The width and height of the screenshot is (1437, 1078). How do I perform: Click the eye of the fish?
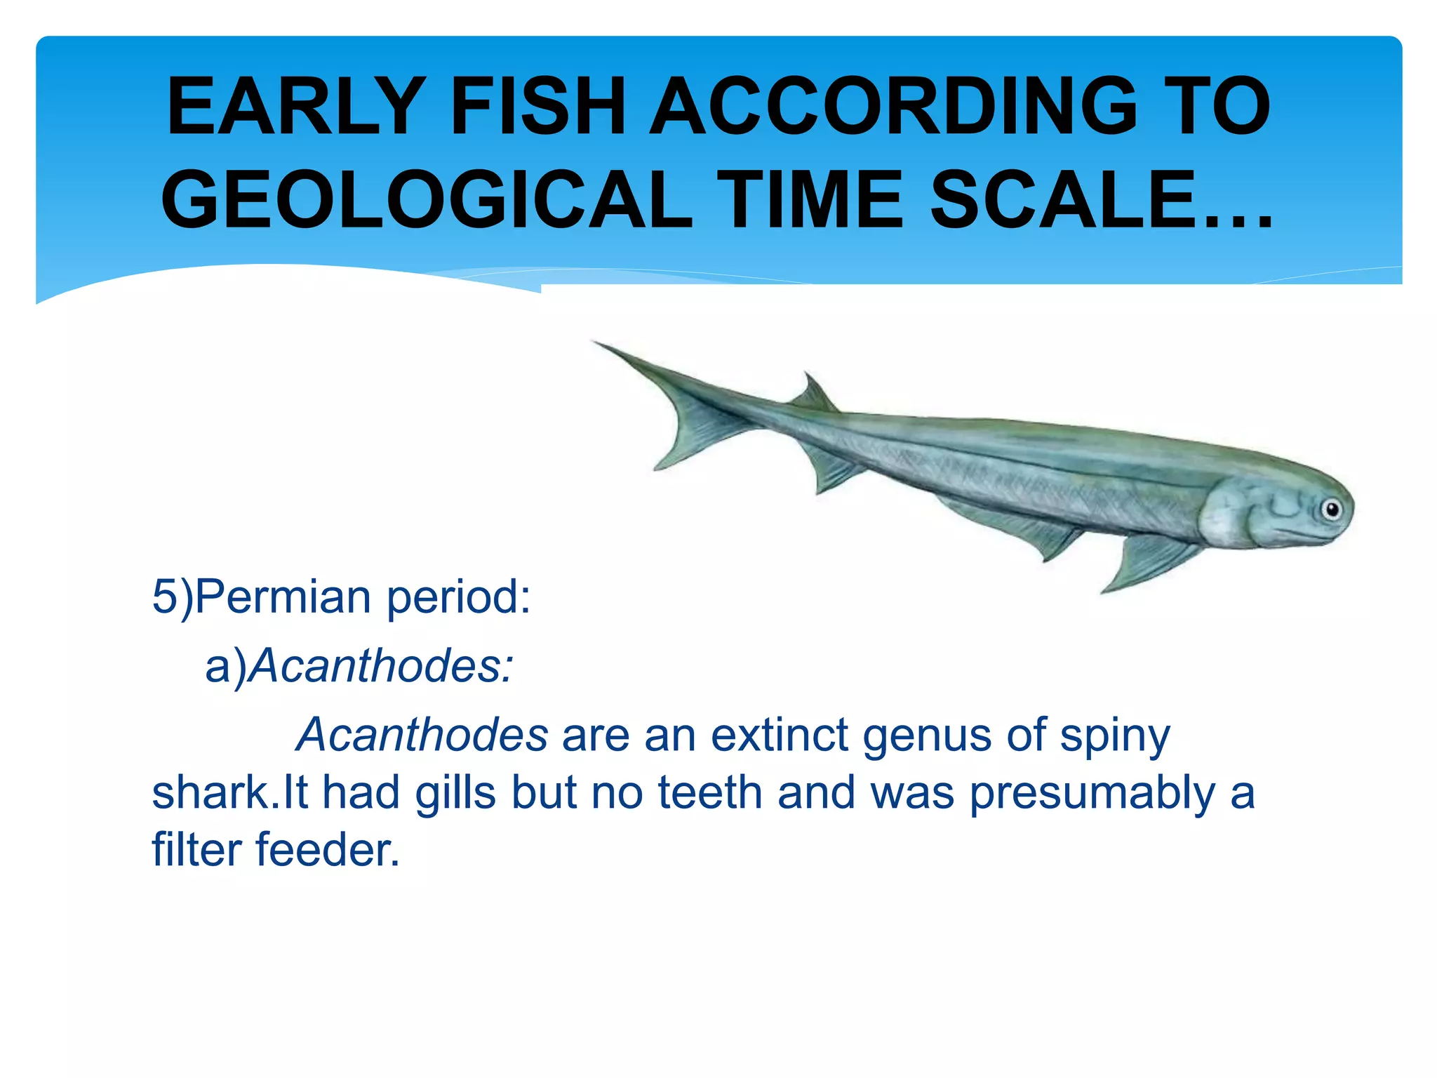pos(1331,509)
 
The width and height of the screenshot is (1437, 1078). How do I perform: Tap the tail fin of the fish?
pos(674,407)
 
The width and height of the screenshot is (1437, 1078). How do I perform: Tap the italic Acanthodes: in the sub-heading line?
pos(382,665)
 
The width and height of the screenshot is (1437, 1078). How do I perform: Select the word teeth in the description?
pos(710,793)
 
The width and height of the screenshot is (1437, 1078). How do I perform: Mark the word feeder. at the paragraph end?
pos(328,850)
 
